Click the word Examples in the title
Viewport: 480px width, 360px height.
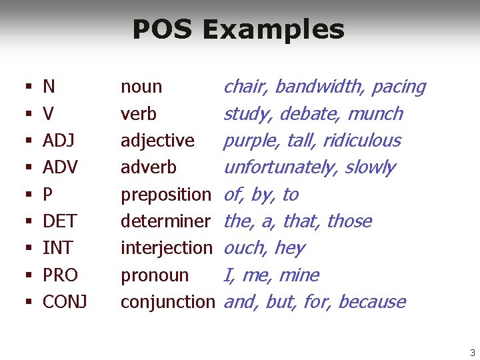(273, 30)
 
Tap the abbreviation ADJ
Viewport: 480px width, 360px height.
(58, 141)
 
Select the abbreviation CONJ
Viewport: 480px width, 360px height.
(65, 302)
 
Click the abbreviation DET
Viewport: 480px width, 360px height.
(59, 221)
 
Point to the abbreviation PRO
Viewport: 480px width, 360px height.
(60, 275)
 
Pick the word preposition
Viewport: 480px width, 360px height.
(165, 195)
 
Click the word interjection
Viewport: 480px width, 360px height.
(166, 248)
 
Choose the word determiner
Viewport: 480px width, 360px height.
(165, 221)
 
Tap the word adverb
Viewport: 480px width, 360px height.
(148, 167)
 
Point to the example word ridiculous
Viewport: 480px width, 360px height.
(361, 141)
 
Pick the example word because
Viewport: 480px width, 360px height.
(371, 302)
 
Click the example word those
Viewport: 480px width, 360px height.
(349, 221)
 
